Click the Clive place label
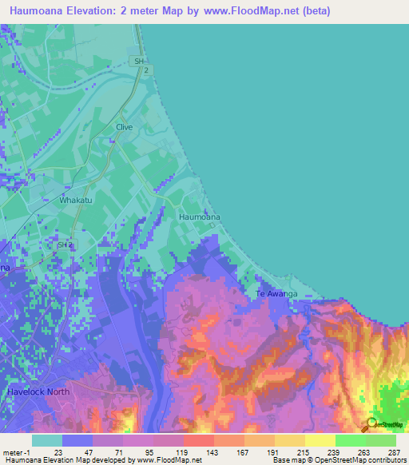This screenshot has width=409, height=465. click(x=123, y=127)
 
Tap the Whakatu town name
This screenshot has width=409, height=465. click(x=74, y=201)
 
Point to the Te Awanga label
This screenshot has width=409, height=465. click(x=276, y=294)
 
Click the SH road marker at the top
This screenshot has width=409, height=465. click(x=140, y=61)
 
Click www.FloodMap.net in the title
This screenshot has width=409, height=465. click(x=248, y=10)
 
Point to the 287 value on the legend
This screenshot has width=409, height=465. click(x=394, y=451)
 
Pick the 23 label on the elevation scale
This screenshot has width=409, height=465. click(x=58, y=451)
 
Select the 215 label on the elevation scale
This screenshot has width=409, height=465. click(x=302, y=451)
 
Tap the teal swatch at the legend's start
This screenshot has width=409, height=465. click(x=46, y=440)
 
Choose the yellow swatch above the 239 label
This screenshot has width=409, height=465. click(x=320, y=440)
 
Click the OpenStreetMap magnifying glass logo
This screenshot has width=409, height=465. click(x=373, y=424)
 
